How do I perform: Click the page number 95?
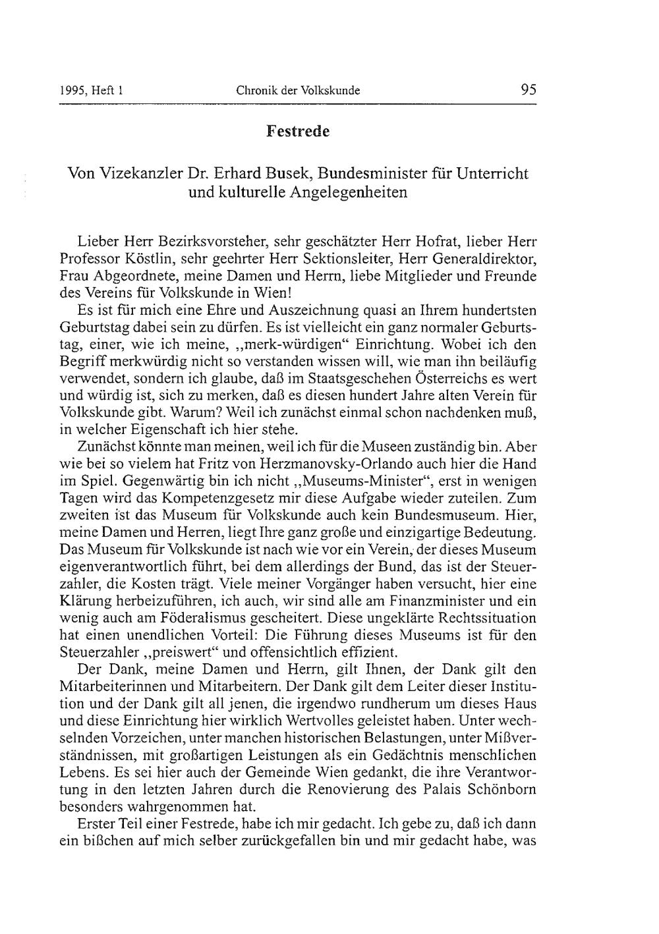(528, 90)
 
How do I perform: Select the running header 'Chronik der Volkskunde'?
(298, 91)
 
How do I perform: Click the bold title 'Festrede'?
(298, 131)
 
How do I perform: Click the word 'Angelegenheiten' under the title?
(335, 193)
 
